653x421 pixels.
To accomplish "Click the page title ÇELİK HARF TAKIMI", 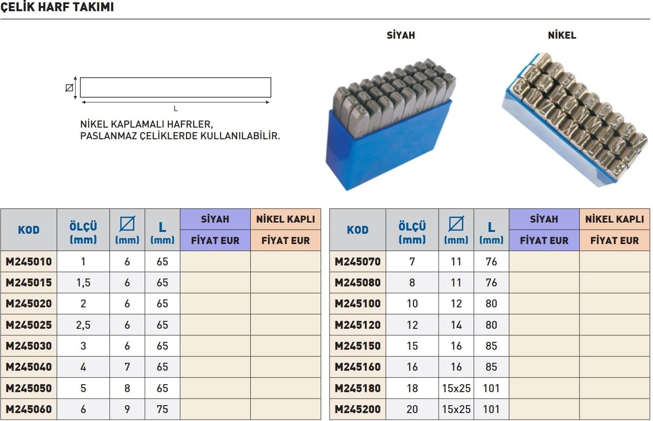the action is click(x=57, y=7).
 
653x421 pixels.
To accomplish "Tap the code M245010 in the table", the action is click(x=29, y=262).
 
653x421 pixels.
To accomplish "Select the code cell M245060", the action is click(x=29, y=409).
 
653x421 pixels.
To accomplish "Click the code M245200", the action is click(x=357, y=409).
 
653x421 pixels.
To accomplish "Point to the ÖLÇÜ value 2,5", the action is click(x=83, y=325).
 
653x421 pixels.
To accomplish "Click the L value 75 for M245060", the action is click(x=162, y=409).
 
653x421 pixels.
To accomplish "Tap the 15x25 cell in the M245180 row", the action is click(x=456, y=388).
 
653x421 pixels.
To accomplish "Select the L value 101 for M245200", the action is click(x=492, y=409).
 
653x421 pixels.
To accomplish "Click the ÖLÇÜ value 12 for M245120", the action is click(x=412, y=325).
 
